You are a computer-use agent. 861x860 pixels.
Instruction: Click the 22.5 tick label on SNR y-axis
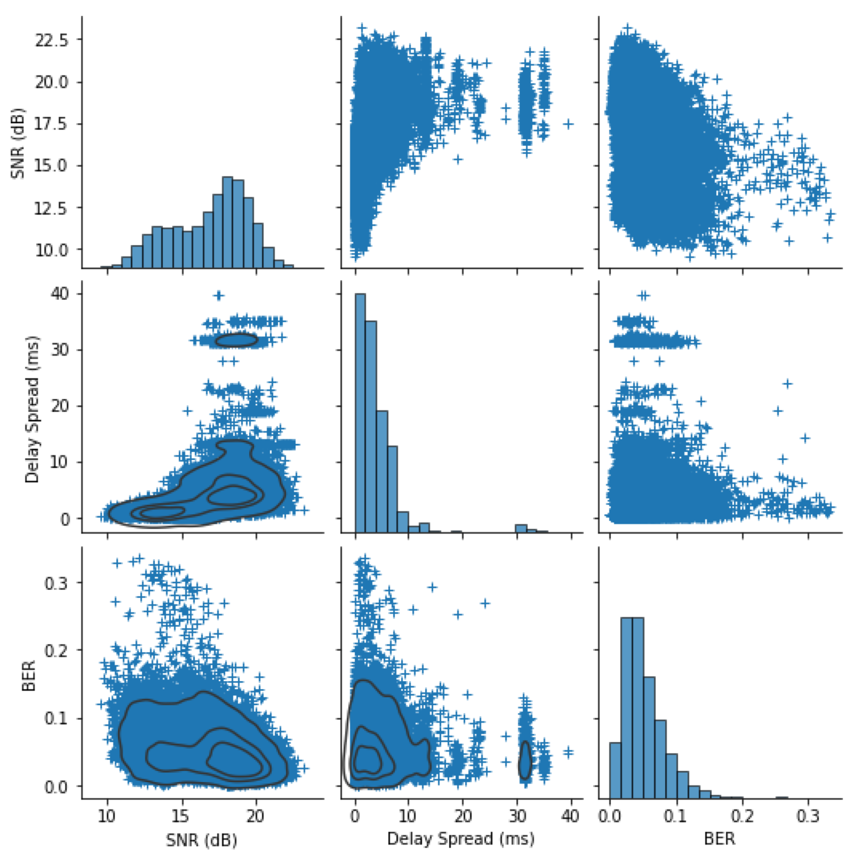pos(52,40)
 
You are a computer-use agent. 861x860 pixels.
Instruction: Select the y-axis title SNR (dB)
pos(18,142)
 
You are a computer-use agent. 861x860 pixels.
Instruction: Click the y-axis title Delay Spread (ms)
pos(32,409)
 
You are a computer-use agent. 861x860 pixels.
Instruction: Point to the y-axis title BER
pos(29,676)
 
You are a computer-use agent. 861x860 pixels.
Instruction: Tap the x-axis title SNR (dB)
pos(201,840)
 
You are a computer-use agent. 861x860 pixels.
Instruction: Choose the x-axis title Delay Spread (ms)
pos(460,838)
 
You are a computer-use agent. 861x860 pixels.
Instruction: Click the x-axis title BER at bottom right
pos(719,838)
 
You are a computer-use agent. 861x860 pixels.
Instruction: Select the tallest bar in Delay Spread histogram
pos(360,413)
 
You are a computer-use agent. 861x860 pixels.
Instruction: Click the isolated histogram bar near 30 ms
pos(520,528)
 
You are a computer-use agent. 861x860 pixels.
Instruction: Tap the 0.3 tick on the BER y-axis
pos(56,583)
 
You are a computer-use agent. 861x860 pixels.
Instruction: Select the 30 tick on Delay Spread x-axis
pos(517,816)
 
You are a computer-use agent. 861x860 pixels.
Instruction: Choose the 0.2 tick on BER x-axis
pos(742,816)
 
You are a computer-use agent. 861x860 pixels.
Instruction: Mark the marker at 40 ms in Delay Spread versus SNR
pos(219,295)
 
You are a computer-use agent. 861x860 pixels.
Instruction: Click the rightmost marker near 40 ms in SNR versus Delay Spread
pos(568,124)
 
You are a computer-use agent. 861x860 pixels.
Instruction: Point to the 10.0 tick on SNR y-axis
pos(52,250)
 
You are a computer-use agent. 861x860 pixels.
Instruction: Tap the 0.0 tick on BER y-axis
pos(56,787)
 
